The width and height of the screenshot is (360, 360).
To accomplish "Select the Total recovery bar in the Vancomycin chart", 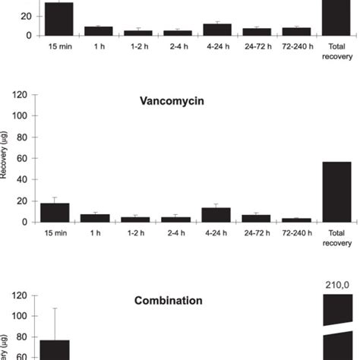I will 337,191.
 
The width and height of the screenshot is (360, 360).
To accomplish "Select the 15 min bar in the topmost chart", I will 59,19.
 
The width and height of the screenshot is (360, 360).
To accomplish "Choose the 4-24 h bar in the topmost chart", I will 216,30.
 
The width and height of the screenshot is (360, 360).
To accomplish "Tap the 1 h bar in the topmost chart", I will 99,31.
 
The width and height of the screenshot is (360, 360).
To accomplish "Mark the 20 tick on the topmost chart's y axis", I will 23,15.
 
